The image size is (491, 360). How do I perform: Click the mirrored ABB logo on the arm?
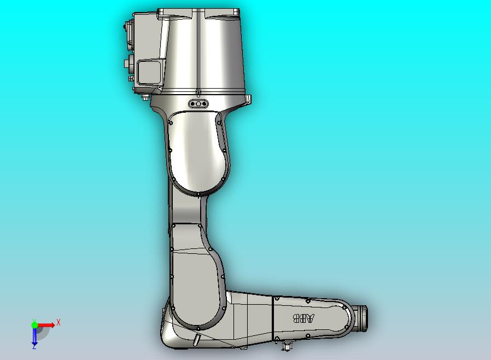tap(304, 319)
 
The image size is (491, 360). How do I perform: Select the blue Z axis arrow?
tap(34, 337)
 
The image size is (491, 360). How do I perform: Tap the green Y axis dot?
tap(34, 324)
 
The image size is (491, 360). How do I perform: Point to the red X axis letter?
tap(59, 322)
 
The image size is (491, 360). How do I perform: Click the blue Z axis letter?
tap(34, 347)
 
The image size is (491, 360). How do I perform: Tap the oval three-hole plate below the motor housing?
tap(198, 103)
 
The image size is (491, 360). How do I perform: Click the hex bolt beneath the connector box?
tap(144, 98)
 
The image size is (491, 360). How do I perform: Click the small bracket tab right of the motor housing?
tap(248, 99)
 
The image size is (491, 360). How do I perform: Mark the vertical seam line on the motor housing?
tap(197, 49)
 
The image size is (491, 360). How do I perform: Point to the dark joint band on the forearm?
tap(272, 320)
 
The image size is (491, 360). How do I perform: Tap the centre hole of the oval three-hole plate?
tap(198, 103)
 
